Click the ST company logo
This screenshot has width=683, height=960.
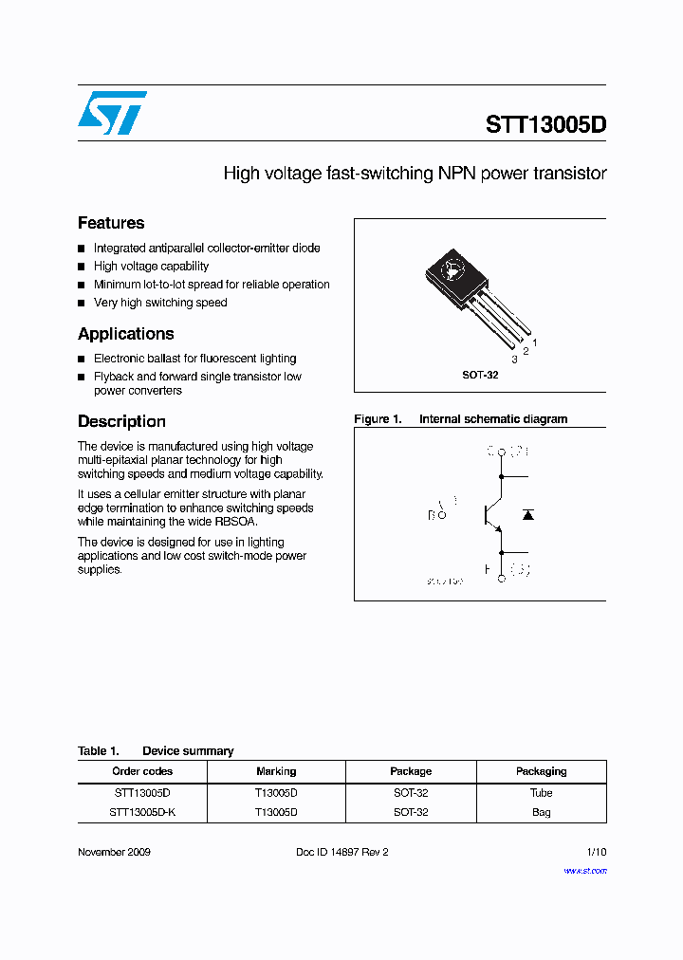112,113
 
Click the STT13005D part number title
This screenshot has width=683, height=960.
545,124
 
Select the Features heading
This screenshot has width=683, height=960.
111,223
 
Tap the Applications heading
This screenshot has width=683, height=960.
125,334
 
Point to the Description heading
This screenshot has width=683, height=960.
121,421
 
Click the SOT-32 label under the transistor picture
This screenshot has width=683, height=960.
480,375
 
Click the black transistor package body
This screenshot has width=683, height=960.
452,271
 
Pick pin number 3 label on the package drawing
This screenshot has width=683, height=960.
514,360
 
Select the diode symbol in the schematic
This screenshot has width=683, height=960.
528,514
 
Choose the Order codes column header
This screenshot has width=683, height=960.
142,771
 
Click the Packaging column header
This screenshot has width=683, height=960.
541,771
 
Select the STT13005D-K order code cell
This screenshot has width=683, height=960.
142,812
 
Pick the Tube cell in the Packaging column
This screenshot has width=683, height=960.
541,792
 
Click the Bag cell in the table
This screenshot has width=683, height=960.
541,812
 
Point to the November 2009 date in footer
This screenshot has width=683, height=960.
114,852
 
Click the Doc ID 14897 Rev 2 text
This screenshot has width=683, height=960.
342,852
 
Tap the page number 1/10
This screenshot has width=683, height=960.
596,852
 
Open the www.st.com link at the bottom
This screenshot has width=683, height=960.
584,870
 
